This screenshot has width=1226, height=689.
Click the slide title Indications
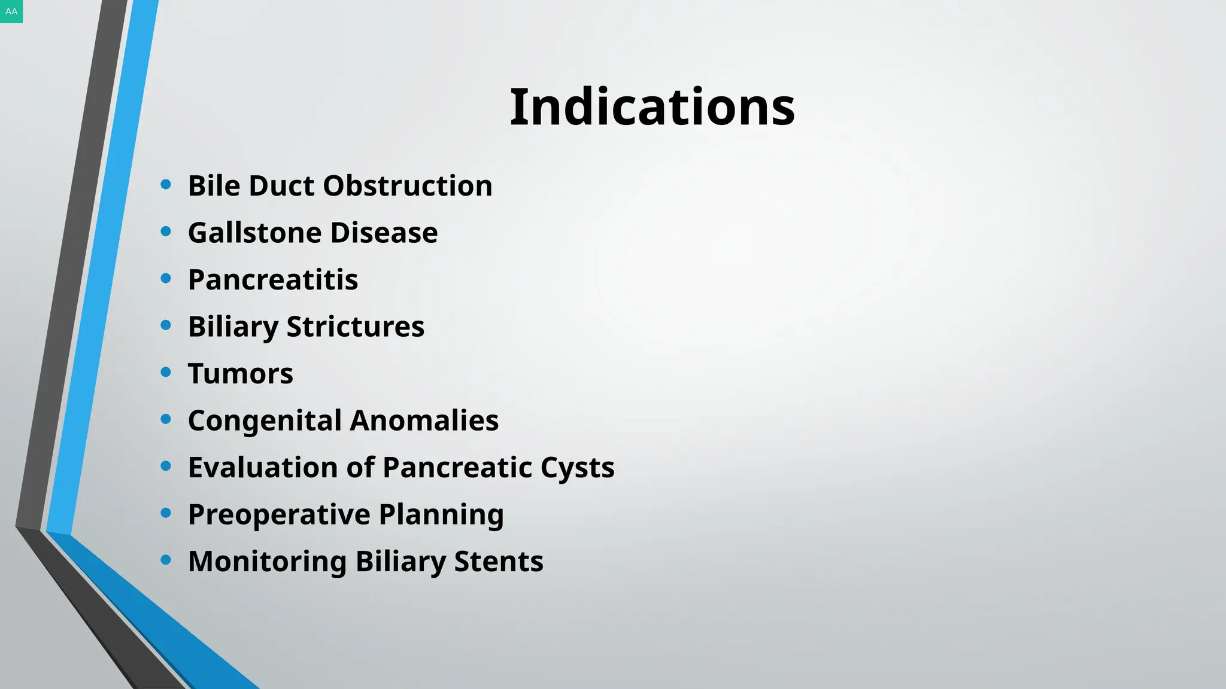tap(652, 107)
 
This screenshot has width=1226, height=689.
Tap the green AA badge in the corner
tap(11, 11)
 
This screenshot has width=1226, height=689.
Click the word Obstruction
tap(408, 185)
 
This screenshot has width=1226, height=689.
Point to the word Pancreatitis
tap(273, 279)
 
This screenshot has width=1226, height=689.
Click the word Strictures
tap(355, 327)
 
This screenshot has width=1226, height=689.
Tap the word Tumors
tap(241, 374)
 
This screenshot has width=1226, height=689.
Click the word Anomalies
tap(424, 420)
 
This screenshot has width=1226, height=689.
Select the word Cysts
tap(577, 468)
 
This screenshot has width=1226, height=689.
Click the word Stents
tap(498, 562)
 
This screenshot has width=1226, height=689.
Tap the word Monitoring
tap(267, 562)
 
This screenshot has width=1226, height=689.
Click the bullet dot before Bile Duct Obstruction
tap(166, 184)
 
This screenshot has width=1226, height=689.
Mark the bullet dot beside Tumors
tap(166, 372)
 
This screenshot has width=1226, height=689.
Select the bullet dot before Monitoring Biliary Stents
tap(166, 560)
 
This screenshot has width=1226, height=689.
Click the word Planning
tap(441, 514)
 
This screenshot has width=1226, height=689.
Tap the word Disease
tap(384, 233)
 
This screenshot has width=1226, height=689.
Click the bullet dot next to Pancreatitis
tap(166, 278)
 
